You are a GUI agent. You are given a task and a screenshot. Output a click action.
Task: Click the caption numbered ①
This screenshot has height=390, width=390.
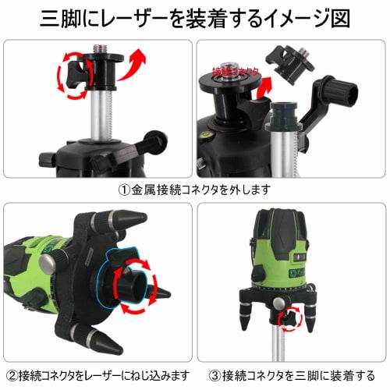(x=194, y=190)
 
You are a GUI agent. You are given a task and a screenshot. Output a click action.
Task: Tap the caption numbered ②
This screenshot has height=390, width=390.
(x=97, y=375)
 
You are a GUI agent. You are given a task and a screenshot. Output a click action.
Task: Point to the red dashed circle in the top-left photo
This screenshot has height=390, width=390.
(x=72, y=79)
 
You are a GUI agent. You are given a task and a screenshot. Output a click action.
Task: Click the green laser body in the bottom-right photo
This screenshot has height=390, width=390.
(x=293, y=250)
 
